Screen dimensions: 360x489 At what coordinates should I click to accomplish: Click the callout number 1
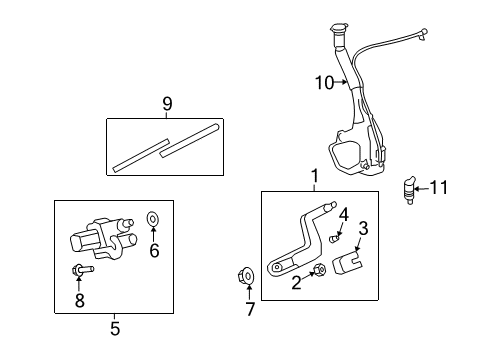(314, 177)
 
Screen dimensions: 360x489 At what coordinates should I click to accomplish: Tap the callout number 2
(296, 283)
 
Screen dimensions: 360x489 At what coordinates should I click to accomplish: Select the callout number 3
(363, 228)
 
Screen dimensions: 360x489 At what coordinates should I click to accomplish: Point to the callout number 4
(343, 213)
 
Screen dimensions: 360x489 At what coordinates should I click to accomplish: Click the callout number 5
(115, 326)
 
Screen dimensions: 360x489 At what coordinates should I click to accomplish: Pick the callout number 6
(154, 252)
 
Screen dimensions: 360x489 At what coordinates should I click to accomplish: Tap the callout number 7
(249, 310)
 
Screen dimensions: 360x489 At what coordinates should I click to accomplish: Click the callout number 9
(167, 103)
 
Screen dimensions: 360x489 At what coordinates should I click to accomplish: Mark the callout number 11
(441, 186)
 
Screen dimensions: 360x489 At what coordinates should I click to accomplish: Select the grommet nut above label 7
(248, 274)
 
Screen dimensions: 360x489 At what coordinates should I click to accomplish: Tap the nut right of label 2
(320, 270)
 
